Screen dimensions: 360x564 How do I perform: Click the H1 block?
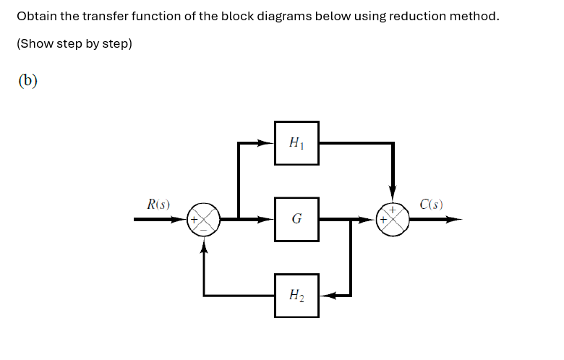point(296,143)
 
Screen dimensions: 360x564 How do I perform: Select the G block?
point(296,218)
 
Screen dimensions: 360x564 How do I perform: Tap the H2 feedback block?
point(296,295)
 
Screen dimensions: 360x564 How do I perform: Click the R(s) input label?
point(158,205)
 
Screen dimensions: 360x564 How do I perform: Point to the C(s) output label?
point(431,205)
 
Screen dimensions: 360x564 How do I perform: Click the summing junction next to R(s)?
point(204,218)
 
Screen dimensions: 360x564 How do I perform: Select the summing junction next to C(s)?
point(393,218)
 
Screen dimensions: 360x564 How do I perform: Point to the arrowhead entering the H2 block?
point(325,295)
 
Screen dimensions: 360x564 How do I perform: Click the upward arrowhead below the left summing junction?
point(204,244)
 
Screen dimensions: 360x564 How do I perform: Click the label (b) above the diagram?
point(27,80)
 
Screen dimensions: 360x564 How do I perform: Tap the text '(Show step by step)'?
point(74,43)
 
